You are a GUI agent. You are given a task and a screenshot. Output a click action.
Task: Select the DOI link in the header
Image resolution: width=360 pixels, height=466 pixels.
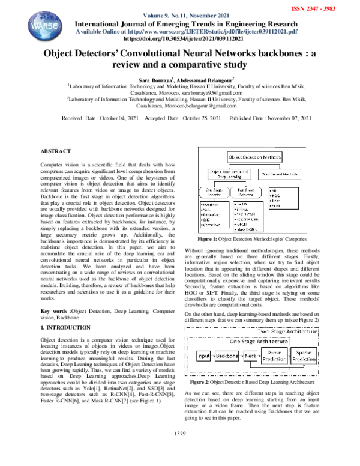pos(180,39)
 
